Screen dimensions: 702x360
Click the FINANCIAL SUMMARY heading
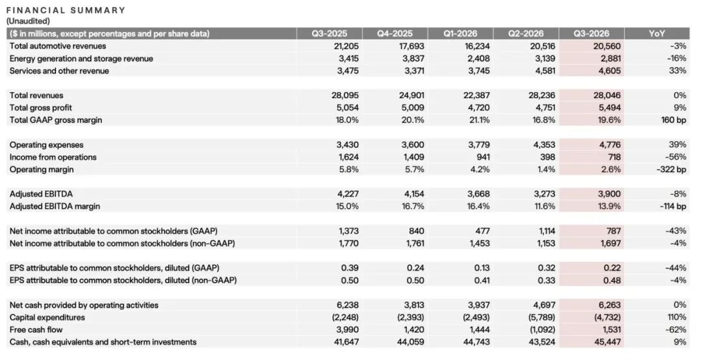[x=66, y=10]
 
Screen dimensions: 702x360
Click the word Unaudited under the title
[x=28, y=21]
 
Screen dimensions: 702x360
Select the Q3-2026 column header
[x=591, y=34]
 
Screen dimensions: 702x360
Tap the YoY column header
[x=656, y=34]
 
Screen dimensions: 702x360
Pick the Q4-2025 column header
[x=395, y=34]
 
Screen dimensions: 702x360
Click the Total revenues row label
[x=36, y=96]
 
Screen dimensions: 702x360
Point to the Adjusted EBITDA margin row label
[x=55, y=207]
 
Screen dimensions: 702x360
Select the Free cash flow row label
[x=36, y=330]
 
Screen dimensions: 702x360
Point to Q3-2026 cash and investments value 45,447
[x=608, y=342]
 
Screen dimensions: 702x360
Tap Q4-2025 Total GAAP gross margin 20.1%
[x=413, y=120]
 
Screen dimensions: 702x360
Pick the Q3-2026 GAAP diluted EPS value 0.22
[x=612, y=268]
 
